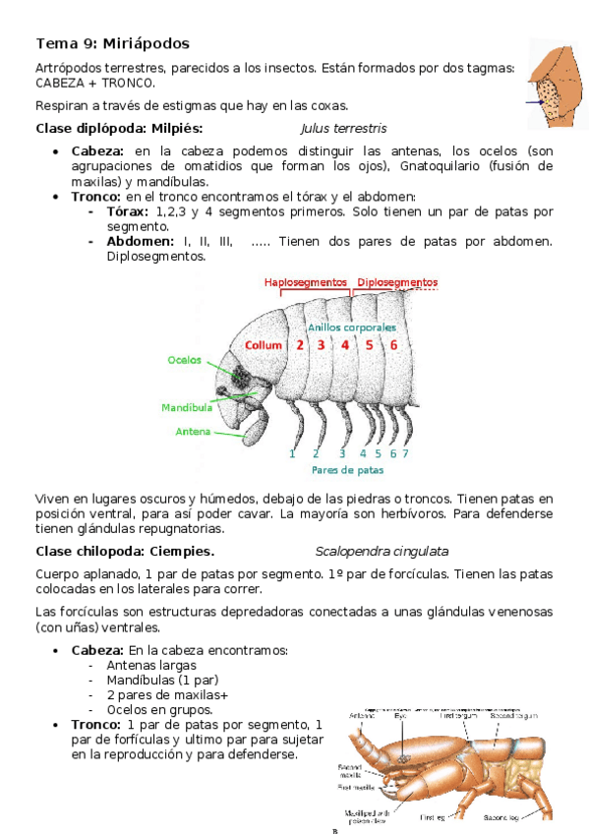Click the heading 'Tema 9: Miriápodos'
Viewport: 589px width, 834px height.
[112, 44]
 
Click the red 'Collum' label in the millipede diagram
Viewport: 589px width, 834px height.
[264, 345]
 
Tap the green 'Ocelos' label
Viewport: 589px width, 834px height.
[185, 360]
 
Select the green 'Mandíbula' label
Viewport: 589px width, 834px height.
[187, 406]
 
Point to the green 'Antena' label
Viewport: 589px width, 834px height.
[193, 431]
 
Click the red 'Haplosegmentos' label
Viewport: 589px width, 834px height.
[306, 282]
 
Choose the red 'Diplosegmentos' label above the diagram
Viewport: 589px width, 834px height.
[397, 282]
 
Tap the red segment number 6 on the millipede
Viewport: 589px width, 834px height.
[393, 345]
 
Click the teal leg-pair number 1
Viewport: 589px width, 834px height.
[292, 453]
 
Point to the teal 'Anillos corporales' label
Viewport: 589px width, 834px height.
[352, 327]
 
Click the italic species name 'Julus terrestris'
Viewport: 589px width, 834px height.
[343, 129]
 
